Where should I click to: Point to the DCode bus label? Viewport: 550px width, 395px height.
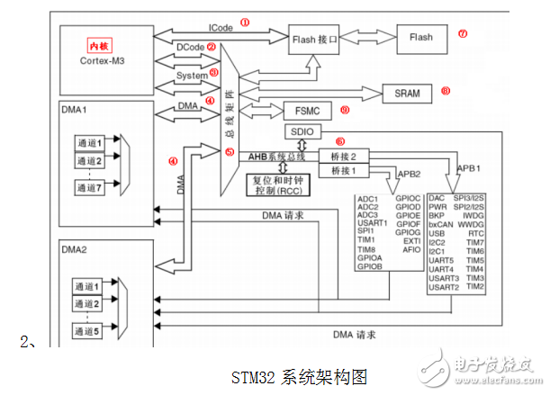pos(191,47)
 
